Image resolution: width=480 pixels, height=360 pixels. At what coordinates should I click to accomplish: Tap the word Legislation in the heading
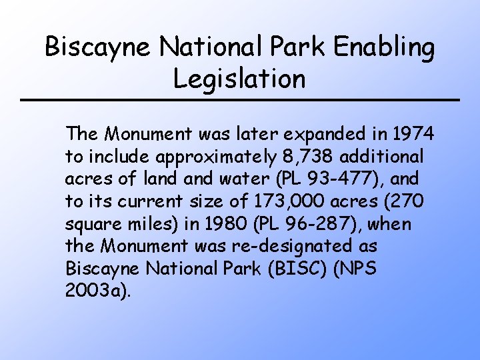[239, 79]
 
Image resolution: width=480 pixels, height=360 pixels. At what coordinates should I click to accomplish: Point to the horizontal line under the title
[239, 100]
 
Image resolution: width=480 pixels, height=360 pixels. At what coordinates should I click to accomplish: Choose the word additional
[383, 157]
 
